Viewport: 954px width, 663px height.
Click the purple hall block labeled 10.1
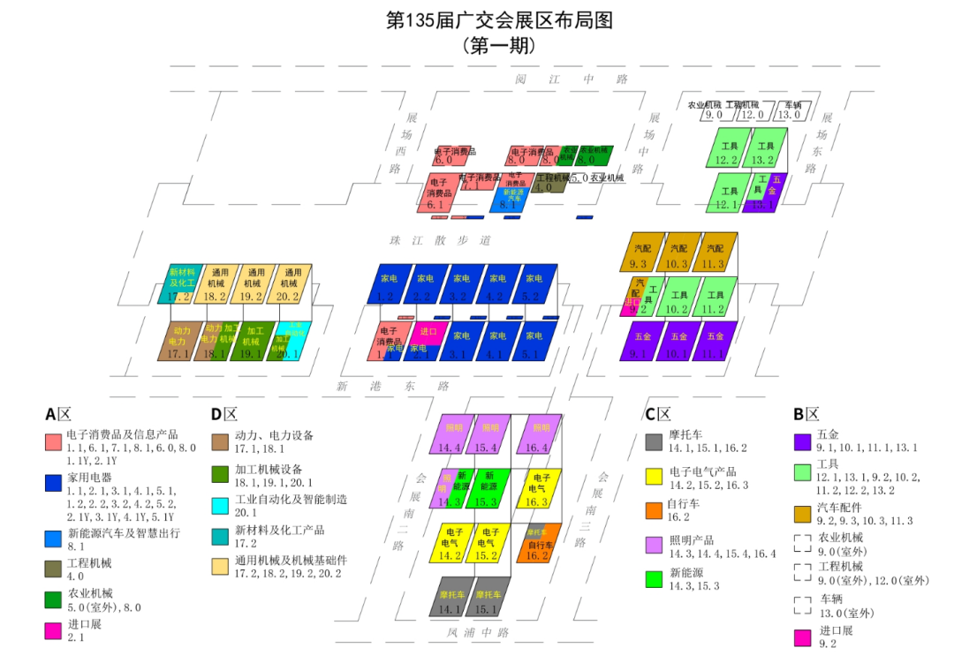coord(678,342)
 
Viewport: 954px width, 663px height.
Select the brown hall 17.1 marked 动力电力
coord(179,342)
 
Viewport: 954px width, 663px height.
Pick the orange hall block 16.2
coord(538,543)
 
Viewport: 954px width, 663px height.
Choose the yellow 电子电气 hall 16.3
coord(539,489)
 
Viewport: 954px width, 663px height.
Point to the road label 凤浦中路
coord(478,632)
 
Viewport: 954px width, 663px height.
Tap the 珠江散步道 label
coord(440,240)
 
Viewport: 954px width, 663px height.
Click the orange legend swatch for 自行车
coord(654,510)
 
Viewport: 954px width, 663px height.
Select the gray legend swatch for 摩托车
coord(654,441)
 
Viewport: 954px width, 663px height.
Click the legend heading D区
coord(224,413)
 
